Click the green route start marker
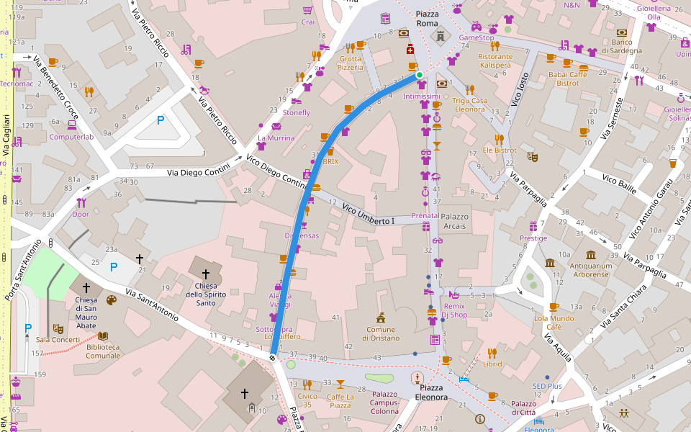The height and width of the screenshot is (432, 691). pyautogui.click(x=419, y=74)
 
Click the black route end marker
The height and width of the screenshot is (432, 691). pyautogui.click(x=273, y=358)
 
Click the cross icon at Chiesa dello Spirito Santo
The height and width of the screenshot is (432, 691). pyautogui.click(x=206, y=274)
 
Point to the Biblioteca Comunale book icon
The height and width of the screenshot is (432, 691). pyautogui.click(x=103, y=336)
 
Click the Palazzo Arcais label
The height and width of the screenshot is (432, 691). pyautogui.click(x=455, y=221)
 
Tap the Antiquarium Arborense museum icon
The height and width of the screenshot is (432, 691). pyautogui.click(x=591, y=256)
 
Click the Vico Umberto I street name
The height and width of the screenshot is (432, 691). pyautogui.click(x=369, y=215)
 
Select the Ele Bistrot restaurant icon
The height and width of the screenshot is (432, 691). pyautogui.click(x=499, y=139)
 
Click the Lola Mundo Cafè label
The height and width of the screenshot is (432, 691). pyautogui.click(x=554, y=322)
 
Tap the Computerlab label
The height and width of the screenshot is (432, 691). pyautogui.click(x=71, y=137)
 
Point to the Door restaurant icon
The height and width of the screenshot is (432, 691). pyautogui.click(x=81, y=202)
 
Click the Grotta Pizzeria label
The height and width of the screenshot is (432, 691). pyautogui.click(x=351, y=63)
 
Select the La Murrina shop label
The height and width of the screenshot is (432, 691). pyautogui.click(x=276, y=138)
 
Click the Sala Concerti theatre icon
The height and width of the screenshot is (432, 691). pyautogui.click(x=58, y=328)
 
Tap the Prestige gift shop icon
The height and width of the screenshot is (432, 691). pyautogui.click(x=533, y=227)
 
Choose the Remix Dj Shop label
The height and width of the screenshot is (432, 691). pyautogui.click(x=454, y=310)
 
